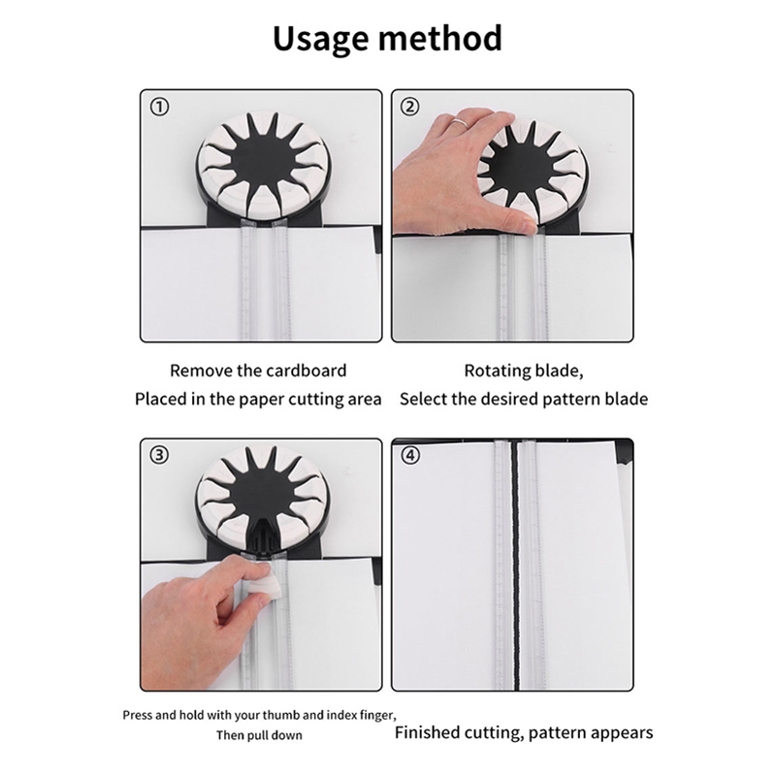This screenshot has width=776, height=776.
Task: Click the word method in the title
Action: click(440, 38)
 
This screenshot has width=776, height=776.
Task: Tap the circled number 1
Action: click(159, 107)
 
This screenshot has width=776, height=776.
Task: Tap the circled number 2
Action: click(409, 107)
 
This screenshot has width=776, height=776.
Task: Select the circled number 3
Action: click(159, 455)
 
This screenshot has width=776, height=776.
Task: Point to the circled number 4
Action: click(409, 455)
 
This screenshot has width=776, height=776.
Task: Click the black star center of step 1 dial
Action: click(261, 162)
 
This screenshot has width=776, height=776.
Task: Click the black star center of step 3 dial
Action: click(261, 500)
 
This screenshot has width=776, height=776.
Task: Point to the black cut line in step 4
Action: click(515, 565)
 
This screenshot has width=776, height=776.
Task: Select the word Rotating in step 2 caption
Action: click(491, 372)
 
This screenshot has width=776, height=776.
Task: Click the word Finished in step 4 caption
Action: click(427, 732)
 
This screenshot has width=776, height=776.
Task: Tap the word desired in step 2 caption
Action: click(509, 399)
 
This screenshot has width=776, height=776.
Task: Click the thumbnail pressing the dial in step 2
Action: click(529, 225)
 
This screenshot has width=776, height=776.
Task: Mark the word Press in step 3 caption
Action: click(137, 715)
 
